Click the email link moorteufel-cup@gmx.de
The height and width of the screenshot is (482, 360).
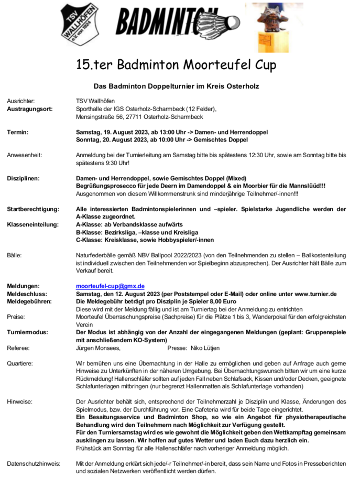point(110,286)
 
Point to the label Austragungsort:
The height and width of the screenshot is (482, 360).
point(29,109)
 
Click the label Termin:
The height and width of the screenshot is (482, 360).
point(18,133)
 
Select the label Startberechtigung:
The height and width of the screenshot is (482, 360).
point(33,209)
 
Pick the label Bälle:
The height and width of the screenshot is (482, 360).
point(14,255)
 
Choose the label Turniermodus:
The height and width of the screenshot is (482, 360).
point(27,332)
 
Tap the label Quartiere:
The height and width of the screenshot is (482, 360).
point(20,363)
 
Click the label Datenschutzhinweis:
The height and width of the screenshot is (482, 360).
point(34,463)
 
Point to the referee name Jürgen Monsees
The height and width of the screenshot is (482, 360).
point(98,348)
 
